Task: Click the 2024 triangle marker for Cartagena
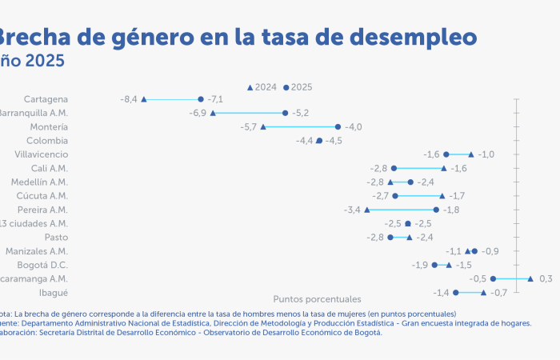pyautogui.click(x=144, y=99)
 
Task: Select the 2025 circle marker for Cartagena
pyautogui.click(x=201, y=99)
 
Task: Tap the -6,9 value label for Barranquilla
pyautogui.click(x=198, y=113)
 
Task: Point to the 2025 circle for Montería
pyautogui.click(x=338, y=126)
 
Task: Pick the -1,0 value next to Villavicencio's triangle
pyautogui.click(x=486, y=154)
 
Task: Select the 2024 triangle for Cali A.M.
pyautogui.click(x=444, y=168)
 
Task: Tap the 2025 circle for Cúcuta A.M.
pyautogui.click(x=395, y=195)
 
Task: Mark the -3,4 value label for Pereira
pyautogui.click(x=352, y=210)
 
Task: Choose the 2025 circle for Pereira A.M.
pyautogui.click(x=436, y=210)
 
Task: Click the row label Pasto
pyautogui.click(x=55, y=237)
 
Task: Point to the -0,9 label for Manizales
pyautogui.click(x=490, y=251)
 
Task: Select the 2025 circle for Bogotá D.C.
pyautogui.click(x=434, y=265)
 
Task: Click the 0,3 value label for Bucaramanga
pyautogui.click(x=546, y=278)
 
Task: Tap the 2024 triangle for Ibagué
pyautogui.click(x=483, y=293)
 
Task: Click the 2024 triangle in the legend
pyautogui.click(x=250, y=86)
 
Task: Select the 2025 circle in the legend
pyautogui.click(x=286, y=86)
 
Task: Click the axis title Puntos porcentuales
pyautogui.click(x=317, y=299)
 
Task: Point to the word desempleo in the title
pyautogui.click(x=414, y=37)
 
